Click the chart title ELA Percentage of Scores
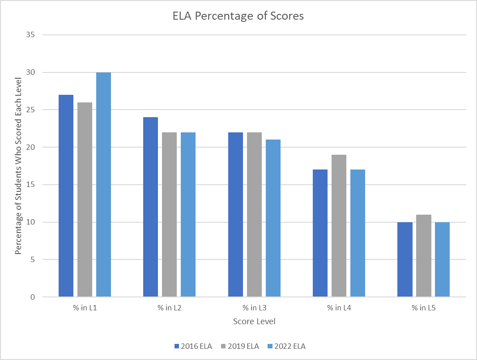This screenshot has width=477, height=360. [238, 16]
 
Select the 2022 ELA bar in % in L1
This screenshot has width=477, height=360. [103, 184]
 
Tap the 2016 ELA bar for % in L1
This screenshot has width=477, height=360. [66, 196]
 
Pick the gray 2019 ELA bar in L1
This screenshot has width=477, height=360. [85, 199]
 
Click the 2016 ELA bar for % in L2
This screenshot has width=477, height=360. [150, 207]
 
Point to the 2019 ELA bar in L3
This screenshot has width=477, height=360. [254, 215]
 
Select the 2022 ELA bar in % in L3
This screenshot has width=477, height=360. [273, 218]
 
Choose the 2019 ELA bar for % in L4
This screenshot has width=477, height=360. [339, 226]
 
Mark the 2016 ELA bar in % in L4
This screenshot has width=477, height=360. [320, 233]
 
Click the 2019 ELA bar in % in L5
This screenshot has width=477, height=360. [424, 256]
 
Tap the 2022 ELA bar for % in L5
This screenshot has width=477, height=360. [443, 259]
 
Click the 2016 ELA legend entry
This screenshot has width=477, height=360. [193, 346]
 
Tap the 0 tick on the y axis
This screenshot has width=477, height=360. [33, 297]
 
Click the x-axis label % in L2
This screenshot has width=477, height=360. [169, 308]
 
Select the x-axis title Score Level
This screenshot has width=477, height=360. [254, 322]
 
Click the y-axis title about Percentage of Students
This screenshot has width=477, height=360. [18, 166]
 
